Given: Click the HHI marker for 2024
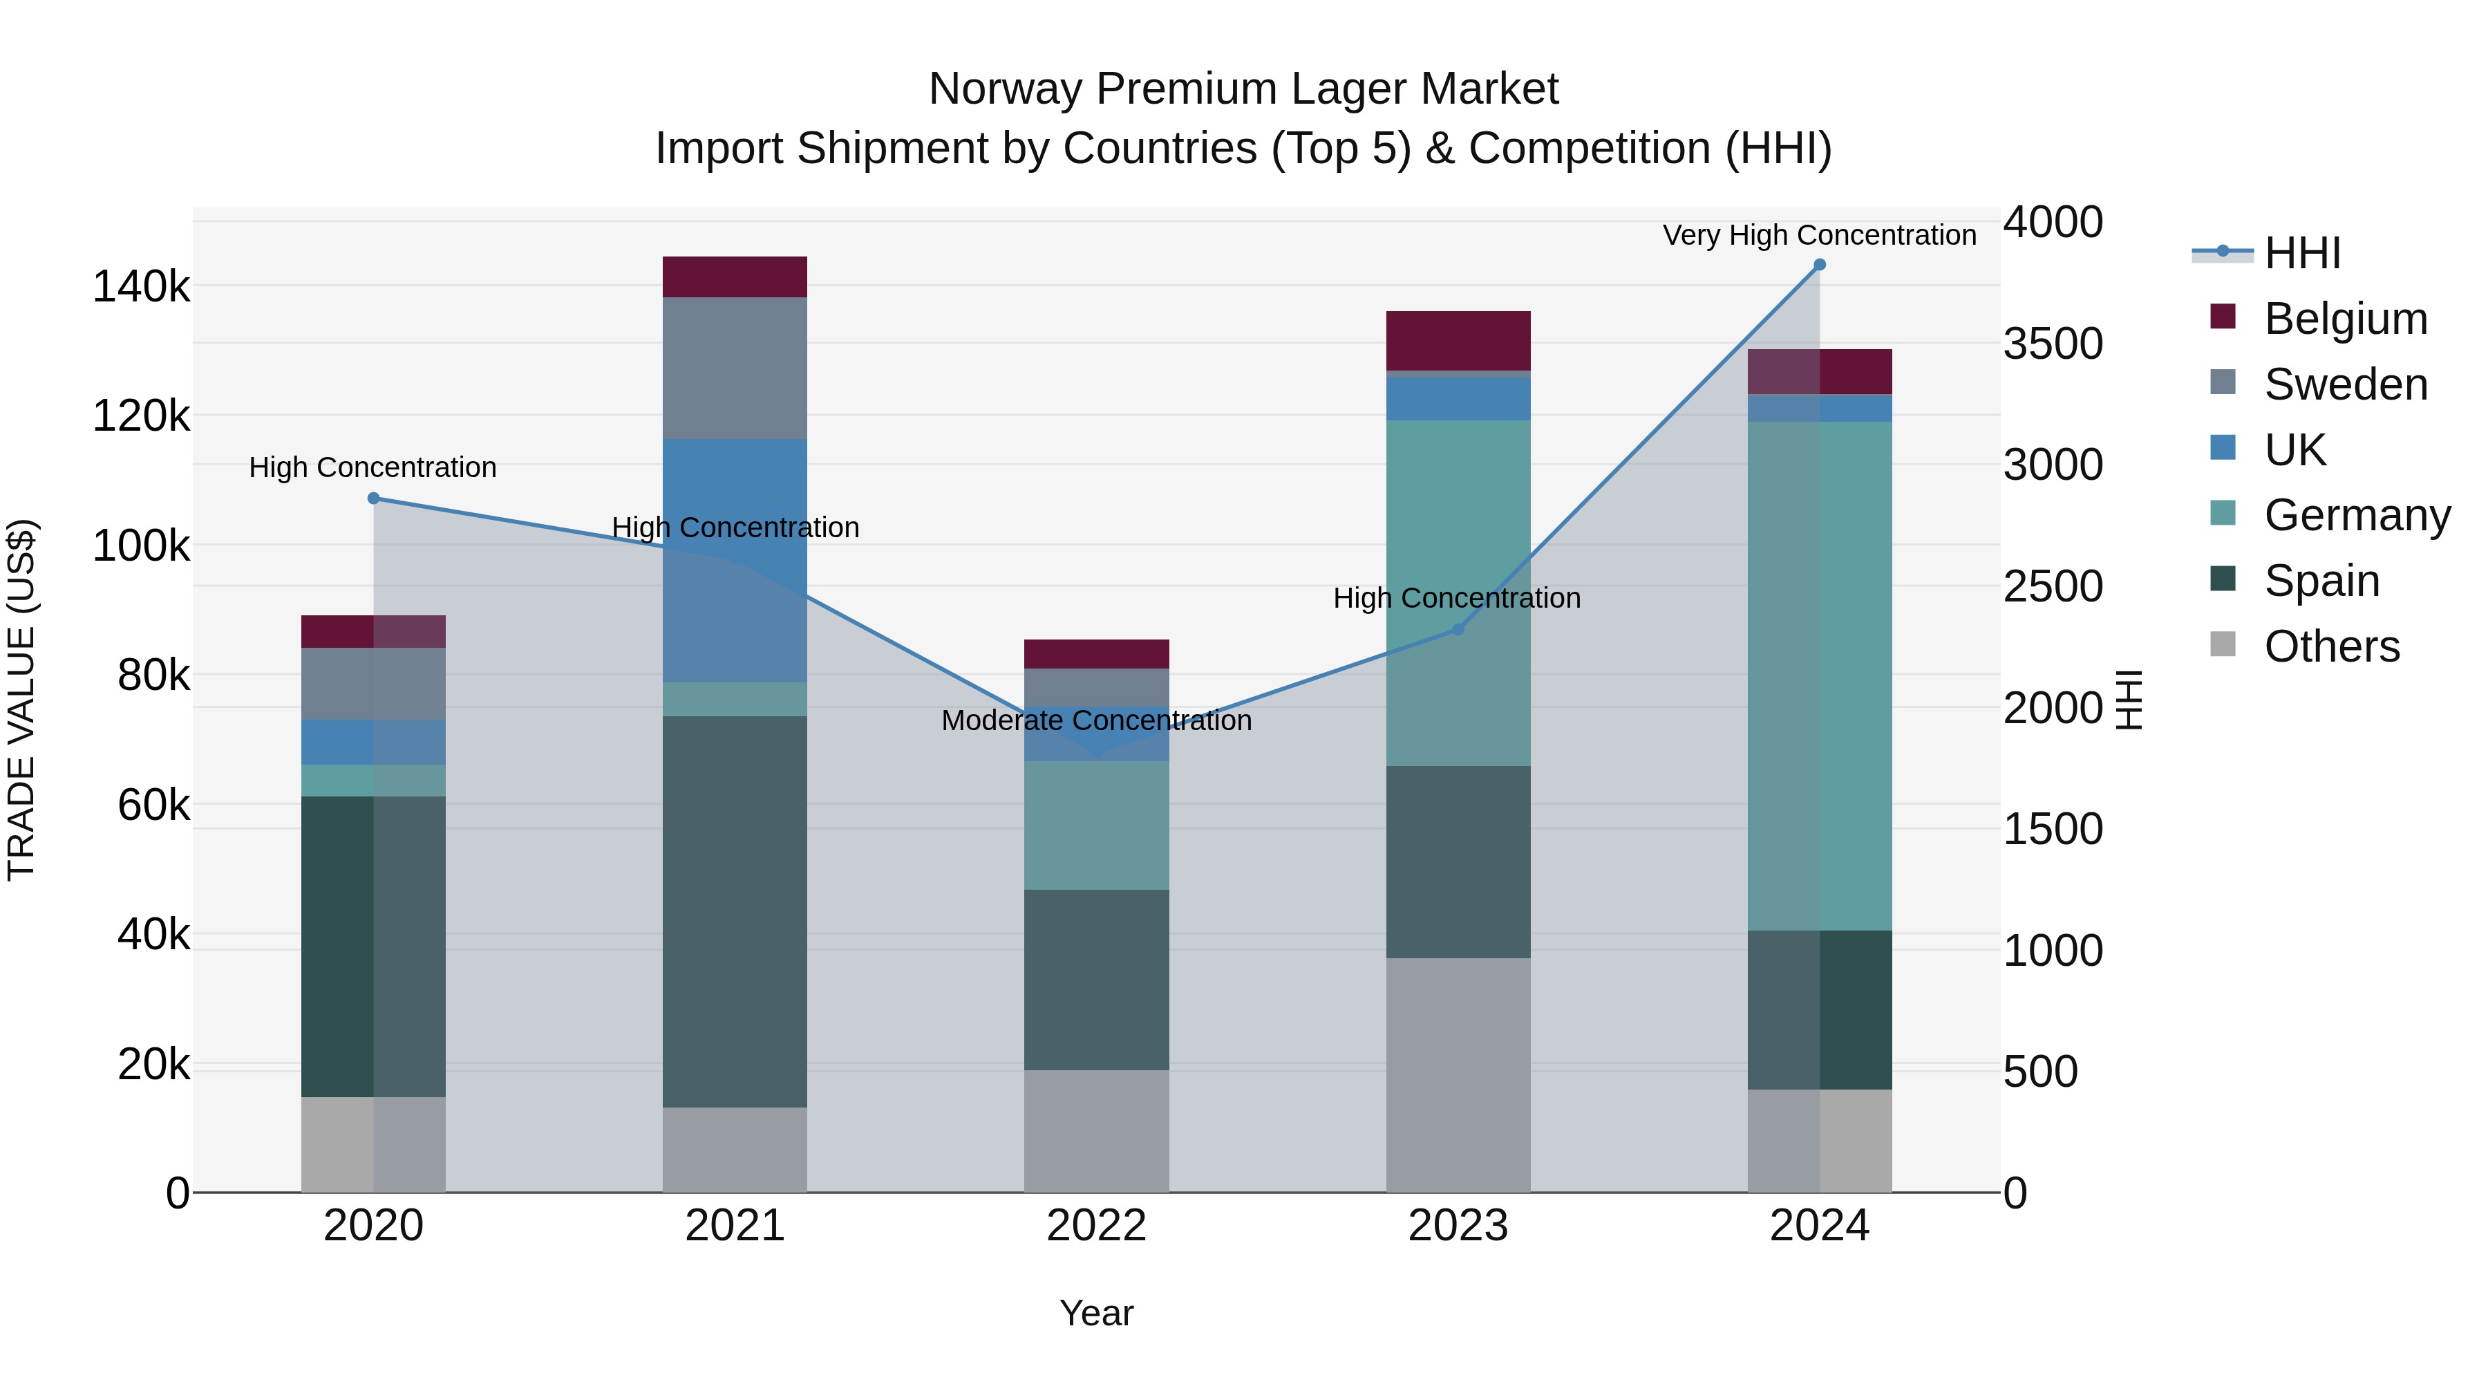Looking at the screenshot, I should [1820, 265].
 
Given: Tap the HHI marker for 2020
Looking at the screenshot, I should [374, 498].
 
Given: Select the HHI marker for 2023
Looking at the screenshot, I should [1458, 630].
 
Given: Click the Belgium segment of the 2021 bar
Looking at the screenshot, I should [735, 277].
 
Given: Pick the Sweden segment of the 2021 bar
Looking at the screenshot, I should [735, 368].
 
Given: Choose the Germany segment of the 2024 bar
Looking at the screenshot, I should [1820, 676].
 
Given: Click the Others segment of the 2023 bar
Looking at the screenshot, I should [1458, 1074].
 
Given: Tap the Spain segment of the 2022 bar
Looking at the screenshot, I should [1096, 980].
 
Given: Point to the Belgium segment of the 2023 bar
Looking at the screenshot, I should [1458, 341].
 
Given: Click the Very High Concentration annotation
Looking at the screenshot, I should [1819, 236].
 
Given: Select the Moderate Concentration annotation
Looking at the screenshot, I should [1096, 721].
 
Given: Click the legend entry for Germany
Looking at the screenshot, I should [2357, 515].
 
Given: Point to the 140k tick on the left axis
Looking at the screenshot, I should [141, 287].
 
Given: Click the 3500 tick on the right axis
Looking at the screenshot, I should [2053, 344].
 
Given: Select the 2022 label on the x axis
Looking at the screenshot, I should [1096, 1226].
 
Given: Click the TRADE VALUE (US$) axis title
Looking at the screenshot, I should [21, 700].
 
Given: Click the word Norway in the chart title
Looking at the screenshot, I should [1004, 90].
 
